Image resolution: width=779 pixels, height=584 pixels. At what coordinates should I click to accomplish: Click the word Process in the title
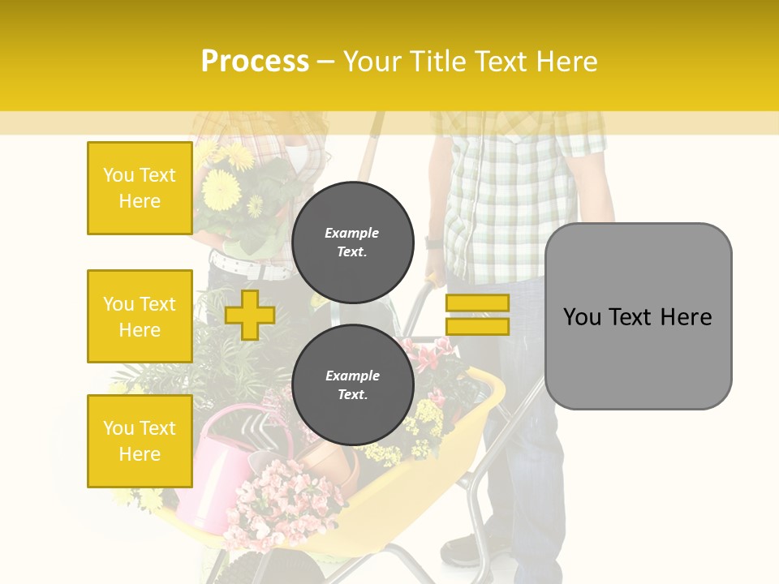click(x=255, y=62)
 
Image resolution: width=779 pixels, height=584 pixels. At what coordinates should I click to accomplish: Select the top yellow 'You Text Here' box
click(x=140, y=188)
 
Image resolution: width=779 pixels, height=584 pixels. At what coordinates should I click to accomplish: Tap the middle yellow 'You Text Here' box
click(x=140, y=316)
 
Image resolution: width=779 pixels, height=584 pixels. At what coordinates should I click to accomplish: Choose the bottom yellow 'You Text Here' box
click(x=140, y=441)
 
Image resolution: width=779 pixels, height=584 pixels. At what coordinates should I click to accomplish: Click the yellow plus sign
click(x=249, y=315)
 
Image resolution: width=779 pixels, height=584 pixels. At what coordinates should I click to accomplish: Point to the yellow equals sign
click(x=477, y=315)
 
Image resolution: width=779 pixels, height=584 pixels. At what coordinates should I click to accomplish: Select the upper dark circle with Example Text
click(x=352, y=242)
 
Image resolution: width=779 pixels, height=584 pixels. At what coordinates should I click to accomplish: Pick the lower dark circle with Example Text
click(x=352, y=384)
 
